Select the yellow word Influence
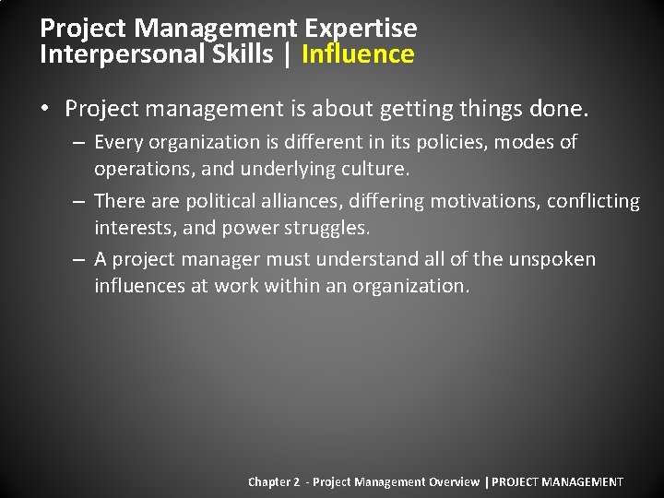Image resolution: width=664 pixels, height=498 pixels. coord(358,54)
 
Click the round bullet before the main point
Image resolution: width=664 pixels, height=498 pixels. coord(46,110)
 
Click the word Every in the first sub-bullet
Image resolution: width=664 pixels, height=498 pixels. coord(119,142)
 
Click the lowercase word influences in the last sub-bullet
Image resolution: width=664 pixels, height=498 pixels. coord(140,287)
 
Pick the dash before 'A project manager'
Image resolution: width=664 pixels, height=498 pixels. coord(79,260)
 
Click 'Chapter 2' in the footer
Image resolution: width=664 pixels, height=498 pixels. coord(274,482)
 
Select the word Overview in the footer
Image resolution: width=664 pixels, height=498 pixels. coord(454,482)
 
